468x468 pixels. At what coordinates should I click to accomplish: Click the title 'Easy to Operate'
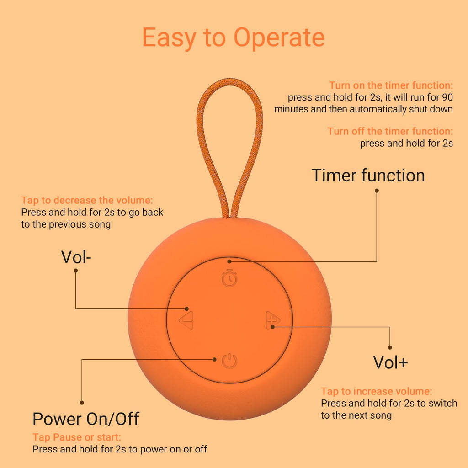click(234, 38)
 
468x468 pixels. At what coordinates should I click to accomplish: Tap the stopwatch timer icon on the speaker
click(229, 278)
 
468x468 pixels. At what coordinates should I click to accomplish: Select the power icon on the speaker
click(229, 361)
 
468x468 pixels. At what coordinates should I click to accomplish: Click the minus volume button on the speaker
click(186, 320)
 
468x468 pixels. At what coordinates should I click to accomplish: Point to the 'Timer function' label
click(368, 175)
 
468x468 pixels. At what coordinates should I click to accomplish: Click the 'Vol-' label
click(76, 257)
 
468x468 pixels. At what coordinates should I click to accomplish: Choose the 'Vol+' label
click(390, 362)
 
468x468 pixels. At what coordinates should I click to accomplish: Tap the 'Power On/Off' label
click(85, 419)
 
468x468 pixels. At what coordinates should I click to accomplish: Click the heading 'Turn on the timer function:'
click(391, 85)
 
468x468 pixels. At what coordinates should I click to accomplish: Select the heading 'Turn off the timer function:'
click(390, 131)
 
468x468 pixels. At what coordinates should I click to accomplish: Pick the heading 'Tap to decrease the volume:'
click(87, 200)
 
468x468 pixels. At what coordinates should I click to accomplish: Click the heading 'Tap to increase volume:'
click(377, 391)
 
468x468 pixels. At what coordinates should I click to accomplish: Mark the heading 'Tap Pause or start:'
click(77, 437)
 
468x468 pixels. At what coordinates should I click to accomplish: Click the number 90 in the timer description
click(447, 97)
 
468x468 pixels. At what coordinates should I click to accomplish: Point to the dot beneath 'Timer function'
click(377, 191)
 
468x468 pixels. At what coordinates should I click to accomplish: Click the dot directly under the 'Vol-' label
click(76, 271)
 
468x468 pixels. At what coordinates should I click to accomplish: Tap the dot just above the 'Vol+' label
click(390, 347)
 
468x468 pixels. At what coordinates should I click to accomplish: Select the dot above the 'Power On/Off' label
click(82, 403)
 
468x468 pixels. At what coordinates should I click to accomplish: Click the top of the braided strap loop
click(230, 81)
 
